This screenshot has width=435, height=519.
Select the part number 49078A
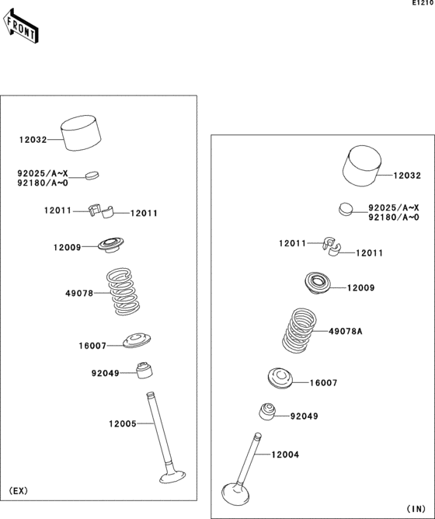[346, 331]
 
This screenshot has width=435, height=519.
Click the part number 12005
[123, 423]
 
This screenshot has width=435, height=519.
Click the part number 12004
[284, 454]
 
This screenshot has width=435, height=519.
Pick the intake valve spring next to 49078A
[299, 330]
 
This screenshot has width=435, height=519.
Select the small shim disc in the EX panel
[92, 174]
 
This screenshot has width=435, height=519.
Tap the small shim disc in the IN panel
[345, 208]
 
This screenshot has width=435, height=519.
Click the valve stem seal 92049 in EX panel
[143, 371]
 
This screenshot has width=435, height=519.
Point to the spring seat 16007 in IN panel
[280, 378]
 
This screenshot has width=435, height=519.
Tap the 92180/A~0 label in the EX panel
[43, 183]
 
